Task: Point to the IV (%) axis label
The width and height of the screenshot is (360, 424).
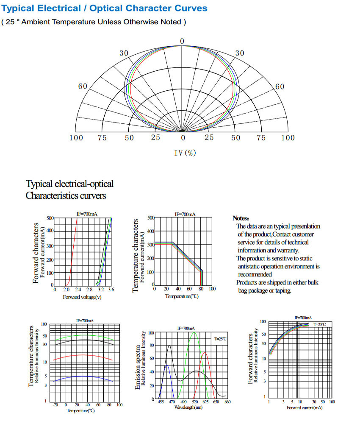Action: [x=185, y=153]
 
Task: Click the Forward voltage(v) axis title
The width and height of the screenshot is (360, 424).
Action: [x=82, y=297]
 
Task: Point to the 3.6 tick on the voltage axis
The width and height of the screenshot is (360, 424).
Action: [x=111, y=290]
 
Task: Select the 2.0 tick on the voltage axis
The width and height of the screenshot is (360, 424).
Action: [x=66, y=290]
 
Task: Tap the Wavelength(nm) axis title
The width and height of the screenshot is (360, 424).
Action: [x=188, y=407]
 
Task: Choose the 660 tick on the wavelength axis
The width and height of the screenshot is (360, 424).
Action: [x=227, y=402]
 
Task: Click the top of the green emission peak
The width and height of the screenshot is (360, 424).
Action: [x=195, y=333]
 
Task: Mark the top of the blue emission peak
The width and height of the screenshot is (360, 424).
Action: [x=167, y=365]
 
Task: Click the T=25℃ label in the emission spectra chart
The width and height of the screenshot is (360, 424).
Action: [x=220, y=339]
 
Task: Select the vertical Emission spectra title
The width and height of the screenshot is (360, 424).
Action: [x=138, y=365]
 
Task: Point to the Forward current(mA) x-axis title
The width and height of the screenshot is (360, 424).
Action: [x=304, y=408]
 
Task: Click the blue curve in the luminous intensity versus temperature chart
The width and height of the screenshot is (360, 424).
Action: [x=85, y=376]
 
